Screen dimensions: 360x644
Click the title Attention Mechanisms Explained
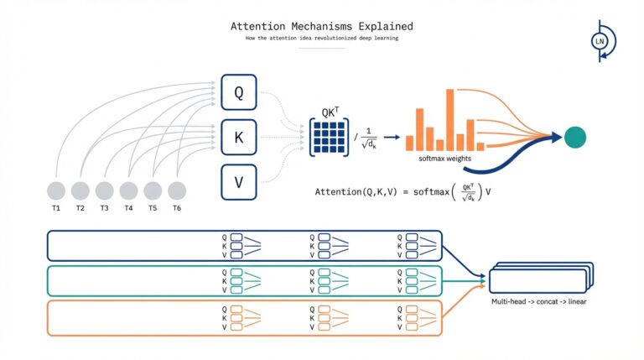coord(321,26)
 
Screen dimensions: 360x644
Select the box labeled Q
coord(238,92)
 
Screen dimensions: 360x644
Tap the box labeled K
coord(238,138)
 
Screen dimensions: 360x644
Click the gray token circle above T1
coord(56,190)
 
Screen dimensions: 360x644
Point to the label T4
coord(128,208)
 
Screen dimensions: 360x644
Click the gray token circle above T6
coord(177,190)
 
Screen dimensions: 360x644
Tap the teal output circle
coord(574,137)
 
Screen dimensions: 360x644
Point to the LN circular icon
coord(600,40)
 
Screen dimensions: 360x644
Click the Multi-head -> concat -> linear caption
coord(538,300)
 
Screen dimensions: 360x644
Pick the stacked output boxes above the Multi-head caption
coord(541,278)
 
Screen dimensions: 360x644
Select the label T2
coord(80,208)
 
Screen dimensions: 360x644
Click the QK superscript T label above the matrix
coord(331,112)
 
